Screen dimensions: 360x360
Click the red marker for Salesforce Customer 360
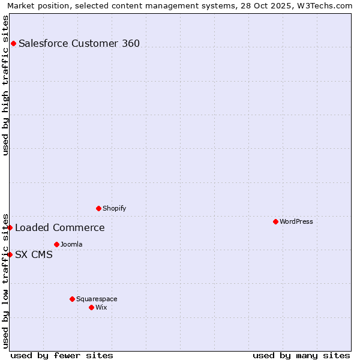pyautogui.click(x=13, y=43)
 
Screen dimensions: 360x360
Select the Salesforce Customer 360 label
pyautogui.click(x=79, y=43)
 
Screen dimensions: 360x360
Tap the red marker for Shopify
pyautogui.click(x=98, y=208)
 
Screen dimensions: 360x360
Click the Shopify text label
pyautogui.click(x=114, y=208)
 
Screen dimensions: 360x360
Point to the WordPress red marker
pyautogui.click(x=275, y=221)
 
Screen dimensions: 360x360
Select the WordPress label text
pyautogui.click(x=296, y=221)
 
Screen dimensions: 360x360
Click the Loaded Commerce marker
pyautogui.click(x=10, y=227)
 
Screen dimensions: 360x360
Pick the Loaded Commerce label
pyautogui.click(x=60, y=227)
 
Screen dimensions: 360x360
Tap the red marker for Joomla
pyautogui.click(x=56, y=244)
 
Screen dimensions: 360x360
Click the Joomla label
pyautogui.click(x=71, y=244)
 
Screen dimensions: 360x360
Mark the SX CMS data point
pyautogui.click(x=10, y=254)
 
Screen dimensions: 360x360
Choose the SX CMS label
pyautogui.click(x=34, y=254)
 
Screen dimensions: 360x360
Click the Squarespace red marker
pyautogui.click(x=72, y=299)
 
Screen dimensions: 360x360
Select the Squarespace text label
pyautogui.click(x=97, y=299)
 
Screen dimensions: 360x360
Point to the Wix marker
pyautogui.click(x=91, y=307)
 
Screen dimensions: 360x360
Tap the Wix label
pyautogui.click(x=101, y=307)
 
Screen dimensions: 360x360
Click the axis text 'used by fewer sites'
pyautogui.click(x=62, y=355)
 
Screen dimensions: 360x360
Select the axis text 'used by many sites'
pyautogui.click(x=301, y=355)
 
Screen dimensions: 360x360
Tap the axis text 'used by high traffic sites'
pyautogui.click(x=5, y=85)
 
